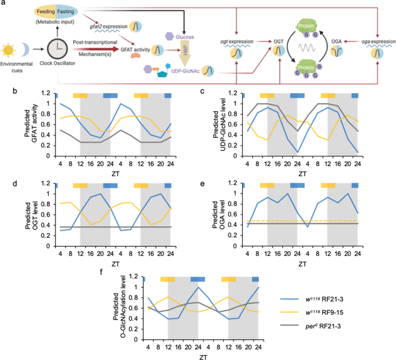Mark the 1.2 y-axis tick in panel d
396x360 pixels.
(49, 185)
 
